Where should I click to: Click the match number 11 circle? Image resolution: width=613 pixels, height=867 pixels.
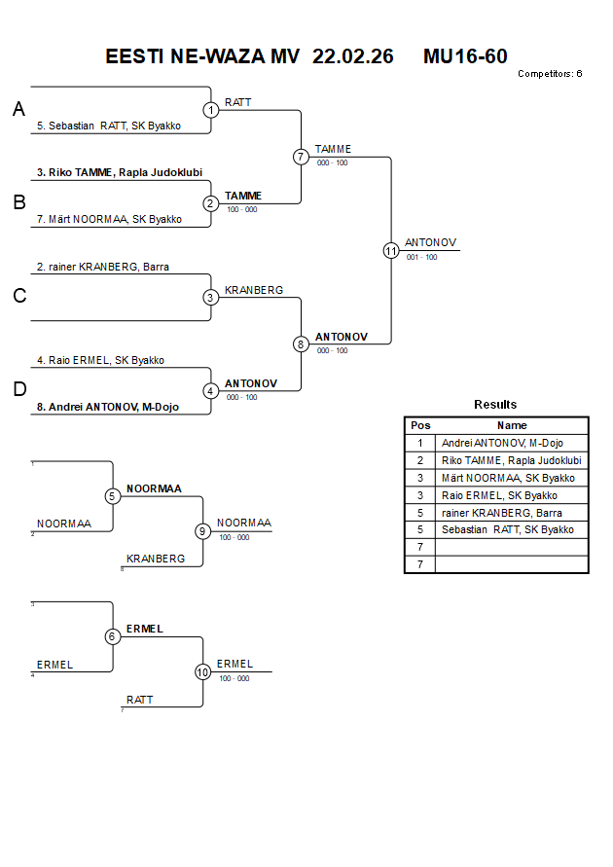click(391, 250)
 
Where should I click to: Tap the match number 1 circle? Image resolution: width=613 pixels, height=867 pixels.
click(211, 110)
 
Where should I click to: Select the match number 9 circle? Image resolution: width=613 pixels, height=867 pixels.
click(202, 531)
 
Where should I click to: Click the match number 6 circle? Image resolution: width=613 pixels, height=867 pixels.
click(113, 636)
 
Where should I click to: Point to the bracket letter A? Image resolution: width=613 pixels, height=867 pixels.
click(18, 110)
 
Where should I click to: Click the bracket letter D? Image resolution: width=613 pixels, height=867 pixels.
click(18, 390)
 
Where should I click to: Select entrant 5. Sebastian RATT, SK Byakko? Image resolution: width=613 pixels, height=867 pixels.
click(109, 126)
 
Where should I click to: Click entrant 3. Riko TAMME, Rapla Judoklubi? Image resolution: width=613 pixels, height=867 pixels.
click(120, 172)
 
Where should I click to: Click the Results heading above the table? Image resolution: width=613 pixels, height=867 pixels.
click(495, 404)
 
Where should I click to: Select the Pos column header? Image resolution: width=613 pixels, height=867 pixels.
click(419, 425)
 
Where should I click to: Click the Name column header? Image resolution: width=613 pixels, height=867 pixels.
click(512, 425)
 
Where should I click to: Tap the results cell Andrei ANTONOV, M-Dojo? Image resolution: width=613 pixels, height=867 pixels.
click(502, 443)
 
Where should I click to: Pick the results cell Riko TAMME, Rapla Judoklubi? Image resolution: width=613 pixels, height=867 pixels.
click(511, 460)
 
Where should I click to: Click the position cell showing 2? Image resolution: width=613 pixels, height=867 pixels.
click(419, 460)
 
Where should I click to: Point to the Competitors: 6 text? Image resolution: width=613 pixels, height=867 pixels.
click(550, 74)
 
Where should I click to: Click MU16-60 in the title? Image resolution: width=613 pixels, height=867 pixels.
click(465, 56)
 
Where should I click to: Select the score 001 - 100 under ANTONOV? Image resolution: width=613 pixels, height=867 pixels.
click(421, 257)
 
